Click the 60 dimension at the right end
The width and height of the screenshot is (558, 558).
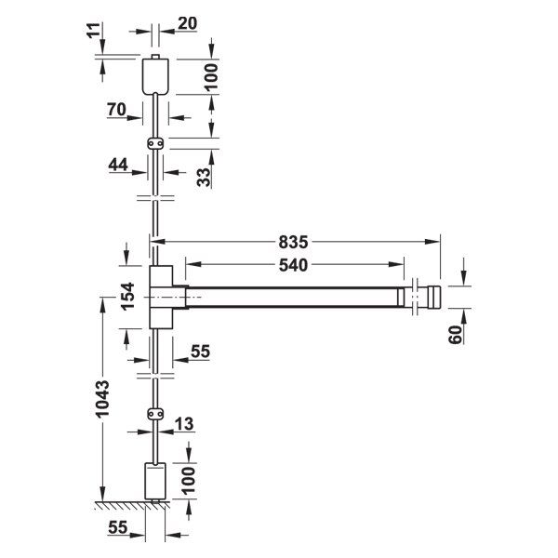[x=456, y=332]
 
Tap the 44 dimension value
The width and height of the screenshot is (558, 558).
[x=118, y=164]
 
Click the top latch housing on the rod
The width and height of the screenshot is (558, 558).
[x=156, y=75]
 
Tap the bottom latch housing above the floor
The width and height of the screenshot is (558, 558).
[x=154, y=482]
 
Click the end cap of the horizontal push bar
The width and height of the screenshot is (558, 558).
[x=428, y=298]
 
